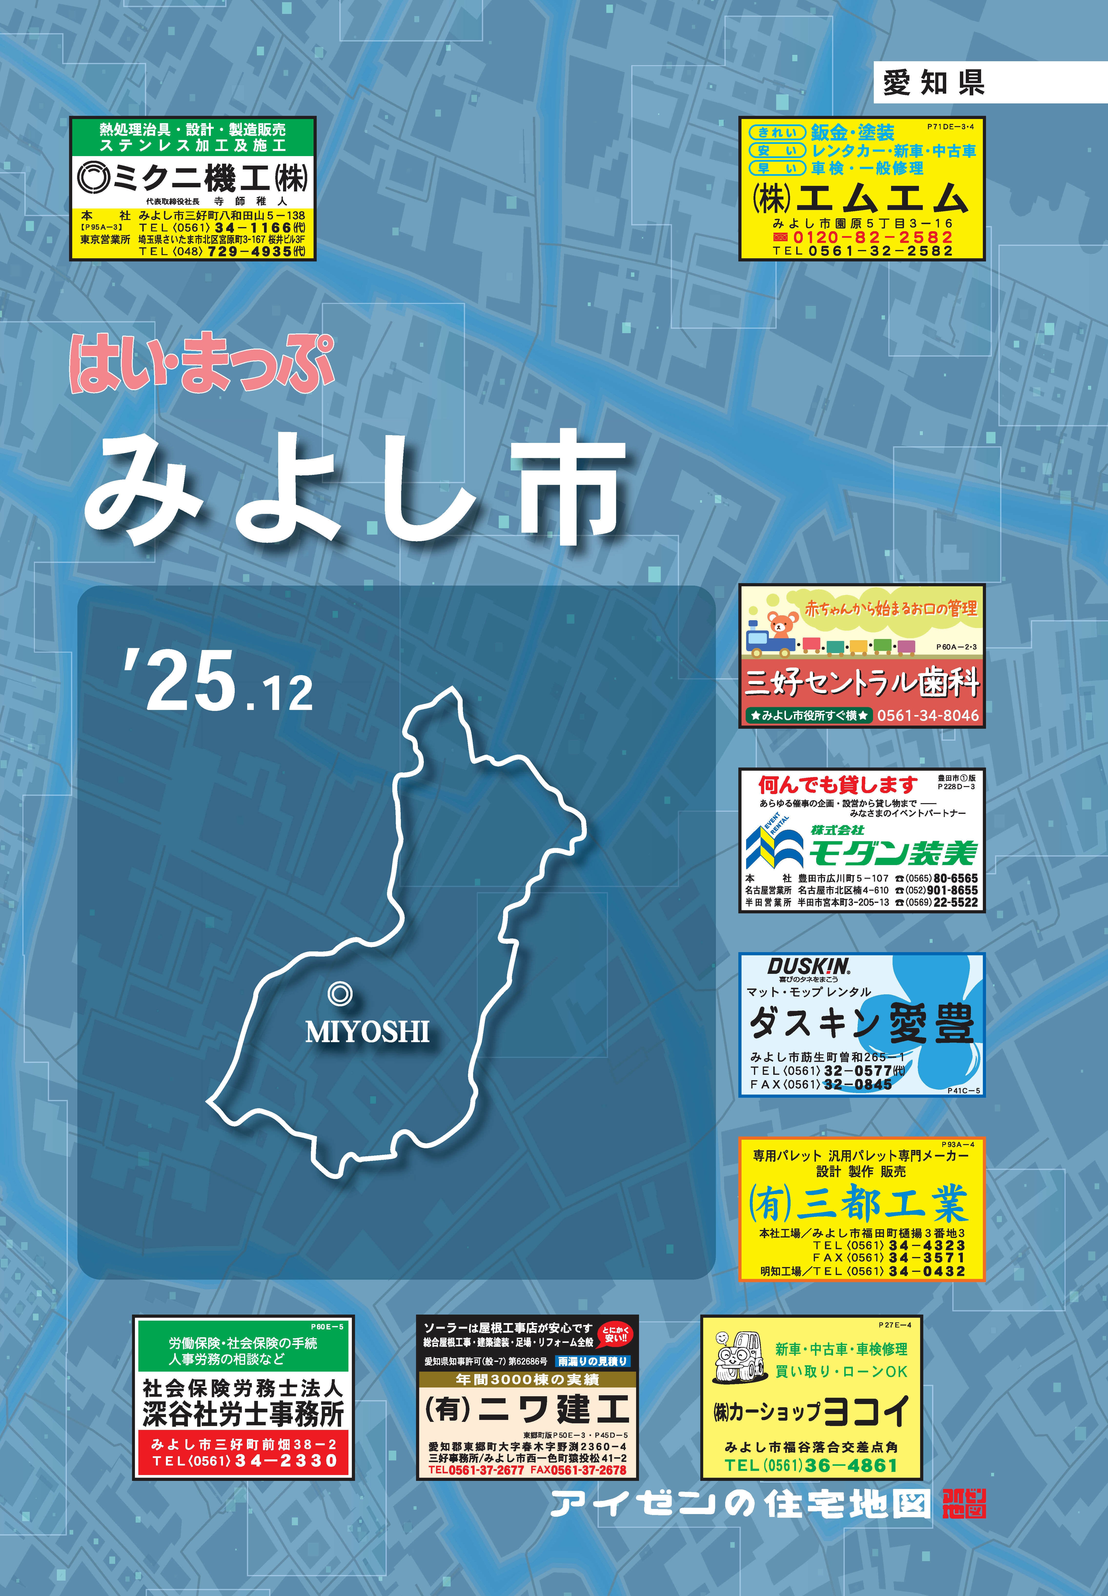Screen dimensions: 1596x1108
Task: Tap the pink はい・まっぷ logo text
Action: coord(201,364)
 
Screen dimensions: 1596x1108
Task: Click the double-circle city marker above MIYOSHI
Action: coord(339,994)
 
